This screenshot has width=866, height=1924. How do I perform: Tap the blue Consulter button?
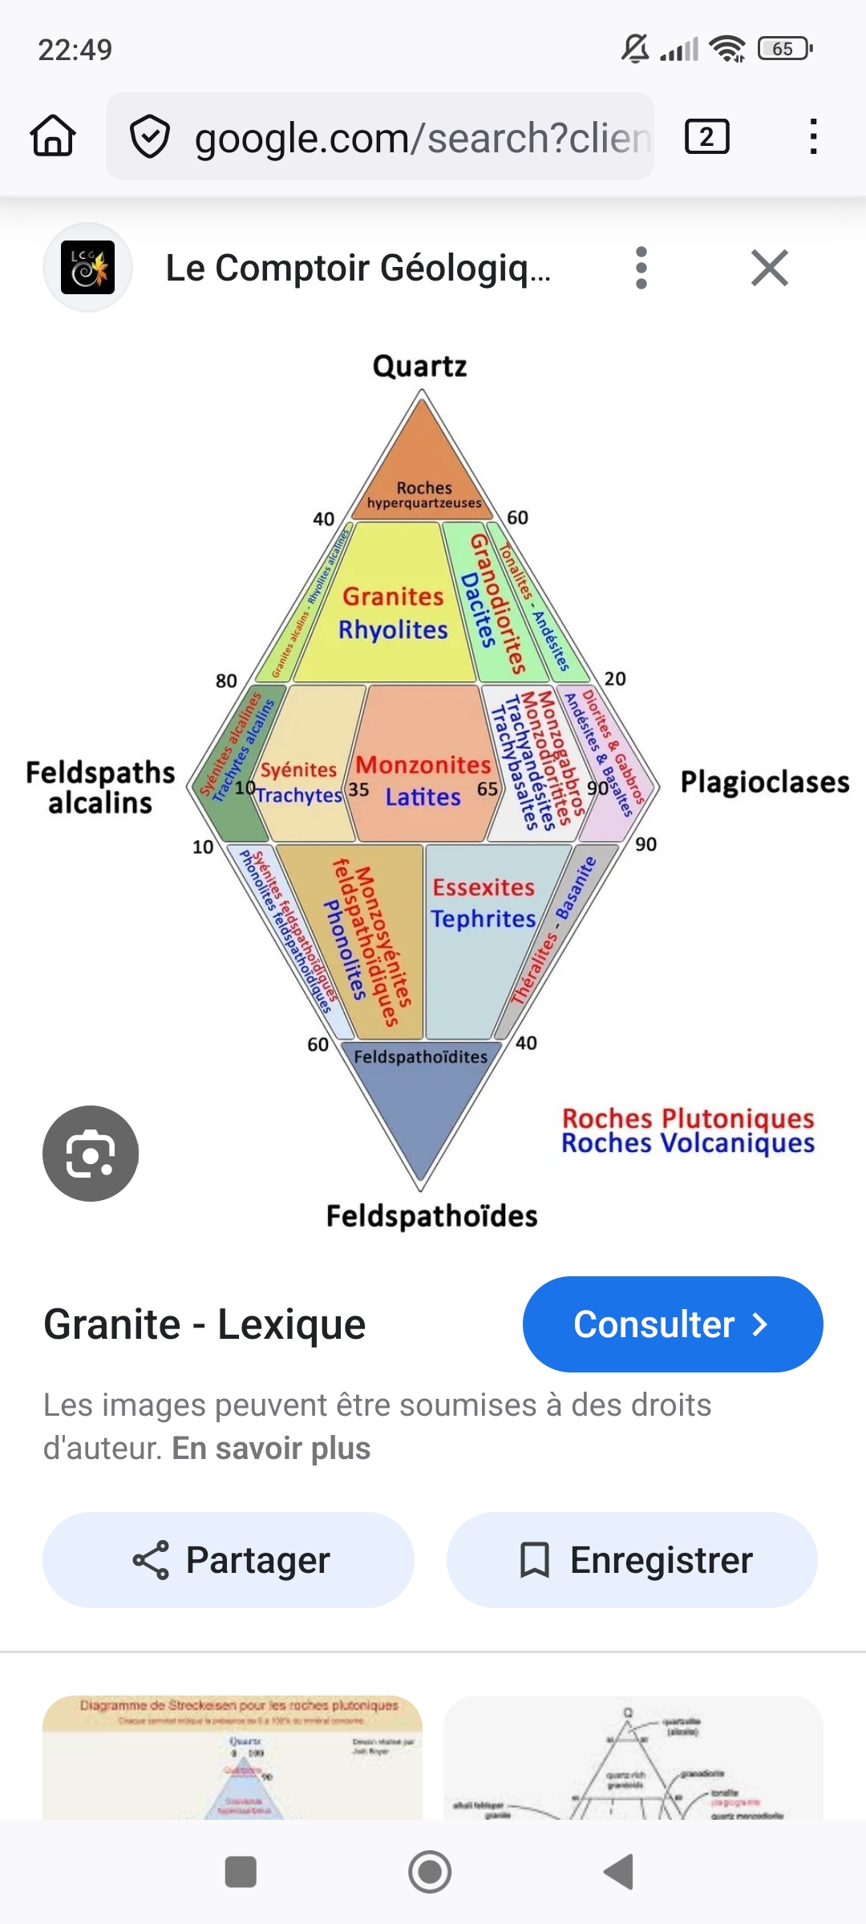672,1324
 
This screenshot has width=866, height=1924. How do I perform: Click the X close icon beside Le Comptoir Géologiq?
770,268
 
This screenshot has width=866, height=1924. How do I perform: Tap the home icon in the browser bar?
53,136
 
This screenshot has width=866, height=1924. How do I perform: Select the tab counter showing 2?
706,136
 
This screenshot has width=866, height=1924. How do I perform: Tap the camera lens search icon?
91,1154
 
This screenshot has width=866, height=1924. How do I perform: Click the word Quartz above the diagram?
419,366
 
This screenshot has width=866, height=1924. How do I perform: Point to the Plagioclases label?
764,782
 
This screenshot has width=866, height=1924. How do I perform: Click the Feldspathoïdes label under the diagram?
431,1216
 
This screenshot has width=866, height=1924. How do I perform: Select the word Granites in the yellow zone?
393,596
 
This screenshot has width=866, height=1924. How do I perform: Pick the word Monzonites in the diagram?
423,765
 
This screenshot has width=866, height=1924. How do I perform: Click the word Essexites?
484,887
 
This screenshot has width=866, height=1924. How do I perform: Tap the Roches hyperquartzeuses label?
424,495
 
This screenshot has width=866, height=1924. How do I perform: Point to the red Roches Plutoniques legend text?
688,1118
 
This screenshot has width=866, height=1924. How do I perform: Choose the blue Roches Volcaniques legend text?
688,1143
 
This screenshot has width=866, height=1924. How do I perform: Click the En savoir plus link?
271,1449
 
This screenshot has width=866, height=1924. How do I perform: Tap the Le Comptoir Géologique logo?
87,268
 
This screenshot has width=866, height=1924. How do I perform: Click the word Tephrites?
483,919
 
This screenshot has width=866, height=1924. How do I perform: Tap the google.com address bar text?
421,138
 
